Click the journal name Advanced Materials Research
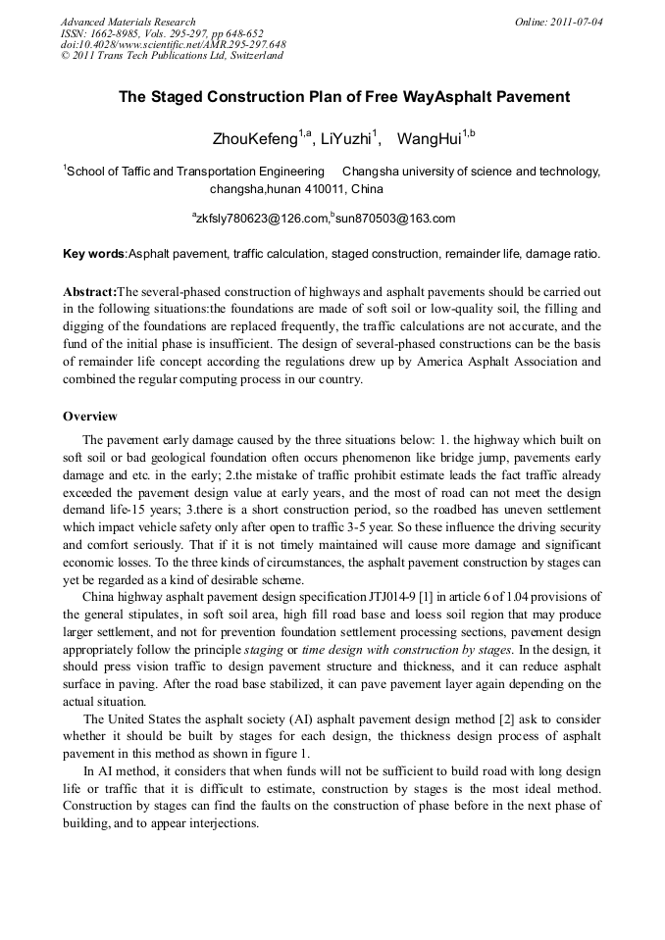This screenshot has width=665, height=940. (x=128, y=22)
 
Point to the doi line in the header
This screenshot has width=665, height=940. (x=173, y=44)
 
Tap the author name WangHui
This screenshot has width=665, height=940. (x=428, y=138)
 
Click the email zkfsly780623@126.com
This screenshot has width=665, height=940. (x=262, y=219)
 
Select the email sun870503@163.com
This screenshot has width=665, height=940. (x=394, y=219)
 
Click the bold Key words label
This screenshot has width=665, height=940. (x=93, y=254)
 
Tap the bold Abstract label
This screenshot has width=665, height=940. (x=89, y=292)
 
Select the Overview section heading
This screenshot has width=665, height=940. (x=90, y=417)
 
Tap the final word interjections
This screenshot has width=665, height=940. (x=226, y=824)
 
